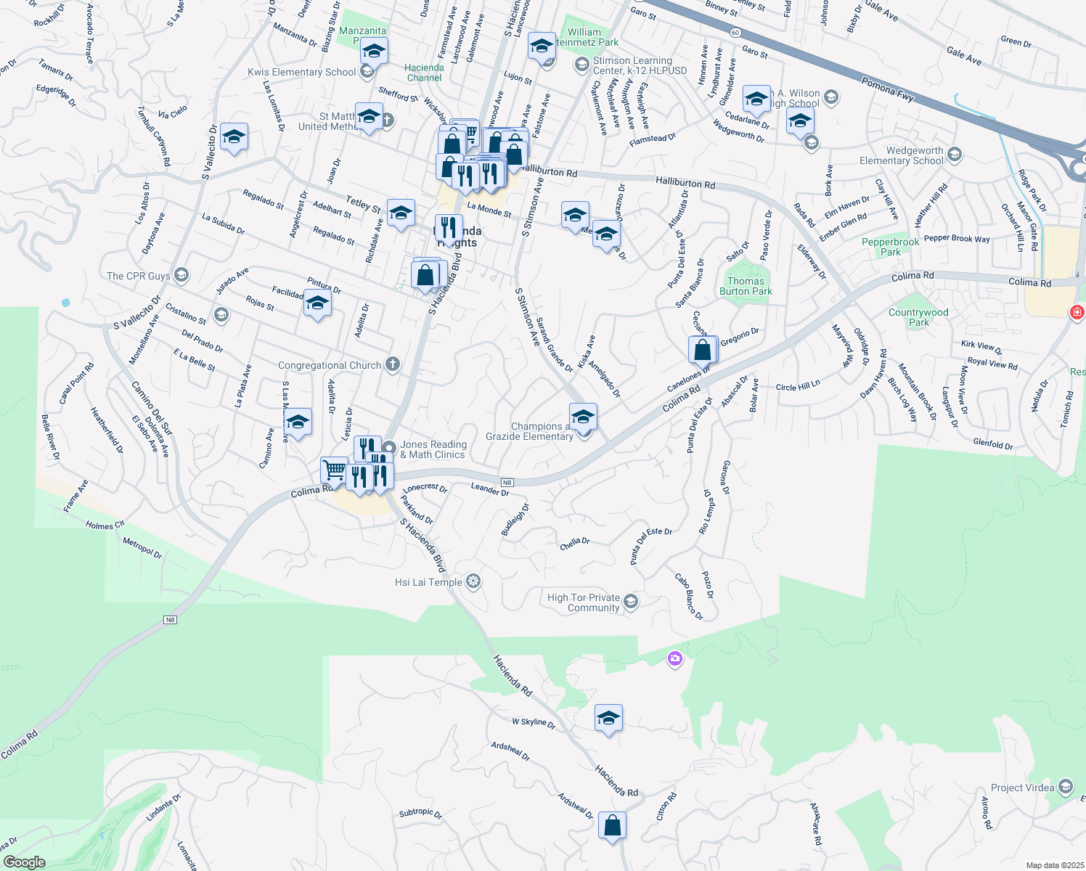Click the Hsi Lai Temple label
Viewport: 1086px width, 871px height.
[x=428, y=582]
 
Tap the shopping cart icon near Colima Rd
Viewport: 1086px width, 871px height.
[x=334, y=470]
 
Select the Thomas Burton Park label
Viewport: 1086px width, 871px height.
[x=746, y=286]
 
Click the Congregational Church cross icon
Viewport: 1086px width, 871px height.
[x=392, y=364]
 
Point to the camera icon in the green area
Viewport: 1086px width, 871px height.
[x=675, y=658]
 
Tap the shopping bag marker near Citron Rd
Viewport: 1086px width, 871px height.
[x=612, y=825]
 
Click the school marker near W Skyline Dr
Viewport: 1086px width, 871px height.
[x=608, y=718]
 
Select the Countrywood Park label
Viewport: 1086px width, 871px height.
[x=918, y=317]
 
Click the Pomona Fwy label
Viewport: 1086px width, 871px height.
[x=887, y=88]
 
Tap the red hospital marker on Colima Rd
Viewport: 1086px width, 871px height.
[x=1077, y=312]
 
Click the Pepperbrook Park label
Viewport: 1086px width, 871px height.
[x=890, y=247]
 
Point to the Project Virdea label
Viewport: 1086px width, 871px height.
[x=1022, y=788]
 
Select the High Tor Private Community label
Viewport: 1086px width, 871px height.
[x=584, y=602]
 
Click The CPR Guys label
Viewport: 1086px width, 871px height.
[x=139, y=276]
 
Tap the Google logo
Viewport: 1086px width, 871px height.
[x=25, y=862]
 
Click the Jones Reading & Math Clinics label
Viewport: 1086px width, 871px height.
[x=433, y=449]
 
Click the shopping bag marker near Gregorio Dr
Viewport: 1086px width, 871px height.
[x=703, y=350]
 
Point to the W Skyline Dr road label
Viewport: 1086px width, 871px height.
[x=534, y=723]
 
